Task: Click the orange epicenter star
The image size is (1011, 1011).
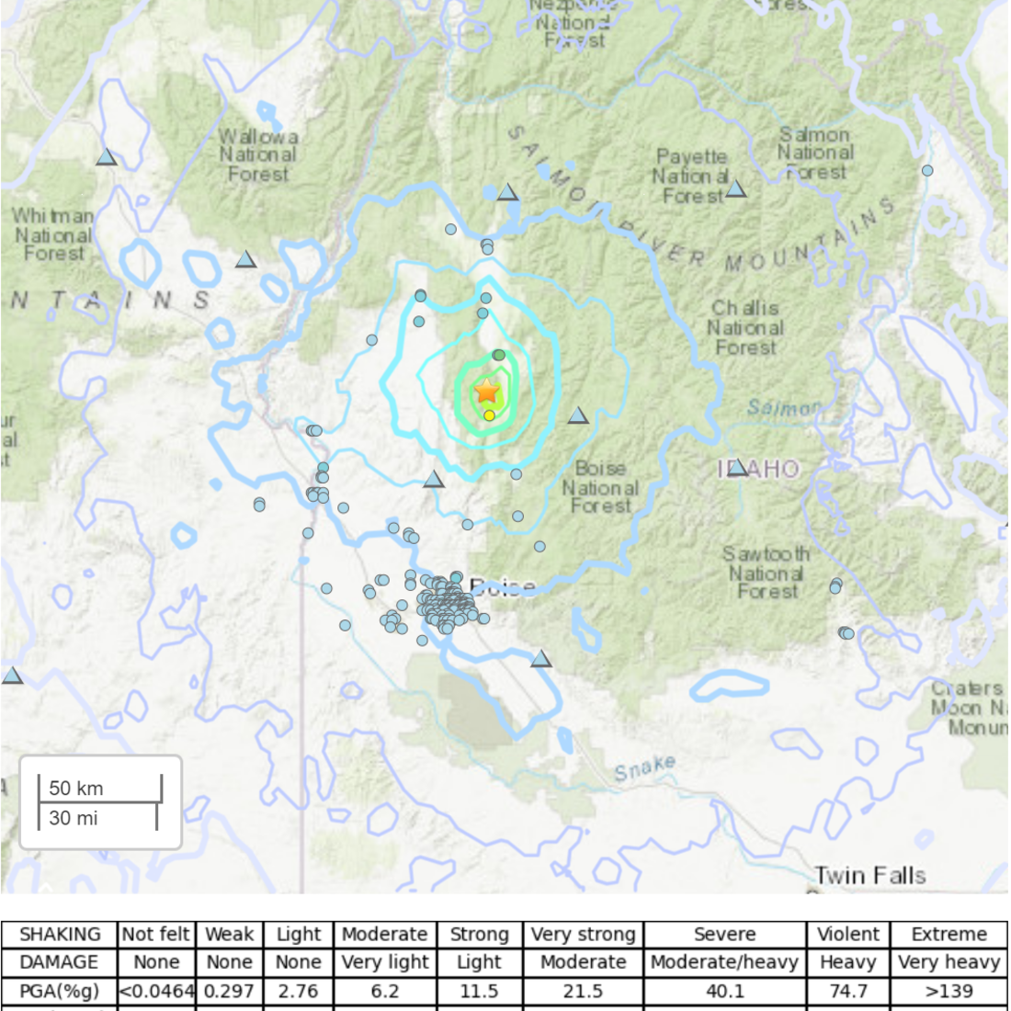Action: pos(487,392)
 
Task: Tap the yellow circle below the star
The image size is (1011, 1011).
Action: pos(490,415)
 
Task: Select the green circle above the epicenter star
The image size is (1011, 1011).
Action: pos(498,355)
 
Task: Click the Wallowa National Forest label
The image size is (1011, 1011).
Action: pos(257,154)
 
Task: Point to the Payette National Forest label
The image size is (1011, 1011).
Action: pos(690,176)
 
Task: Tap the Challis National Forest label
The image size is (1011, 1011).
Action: pos(745,328)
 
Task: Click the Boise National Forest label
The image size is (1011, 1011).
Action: pos(600,487)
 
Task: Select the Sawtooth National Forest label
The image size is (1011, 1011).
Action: pos(766,573)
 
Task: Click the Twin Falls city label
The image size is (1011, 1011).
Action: pos(869,875)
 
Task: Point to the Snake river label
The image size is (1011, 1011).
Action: pos(645,768)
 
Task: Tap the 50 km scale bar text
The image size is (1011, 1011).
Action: pos(76,788)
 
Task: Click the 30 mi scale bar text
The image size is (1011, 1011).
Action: pos(74,818)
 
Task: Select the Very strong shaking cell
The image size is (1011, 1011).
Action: pos(583,935)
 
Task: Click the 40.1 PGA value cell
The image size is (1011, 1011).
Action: pos(724,992)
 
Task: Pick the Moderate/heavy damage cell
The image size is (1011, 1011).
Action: pos(724,962)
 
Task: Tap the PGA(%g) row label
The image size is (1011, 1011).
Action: pos(59,992)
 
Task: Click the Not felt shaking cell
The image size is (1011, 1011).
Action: pos(156,935)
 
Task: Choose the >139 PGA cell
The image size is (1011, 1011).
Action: pos(949,992)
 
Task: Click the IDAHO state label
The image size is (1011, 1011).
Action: pos(759,469)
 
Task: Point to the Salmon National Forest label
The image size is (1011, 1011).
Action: pos(815,153)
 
